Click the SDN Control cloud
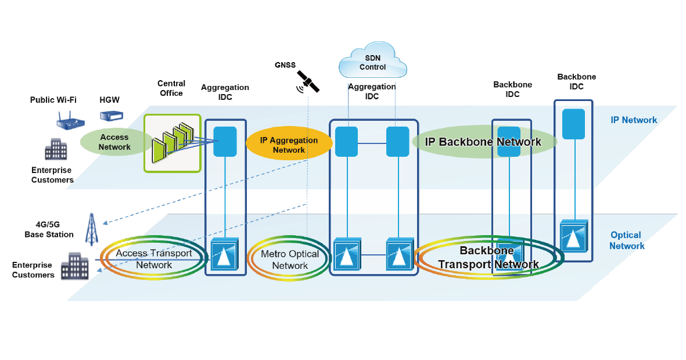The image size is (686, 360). tap(373, 60)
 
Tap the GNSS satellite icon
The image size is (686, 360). tap(308, 82)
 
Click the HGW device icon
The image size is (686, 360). tap(111, 116)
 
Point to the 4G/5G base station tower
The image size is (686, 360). tap(91, 229)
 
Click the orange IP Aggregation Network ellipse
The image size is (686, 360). tap(289, 143)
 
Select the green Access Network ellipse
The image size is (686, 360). tap(114, 142)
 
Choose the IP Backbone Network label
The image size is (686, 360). tap(483, 142)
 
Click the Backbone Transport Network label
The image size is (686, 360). tap(489, 257)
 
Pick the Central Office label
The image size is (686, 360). tap(171, 88)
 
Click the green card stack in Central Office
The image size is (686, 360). tap(173, 143)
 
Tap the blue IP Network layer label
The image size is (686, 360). tap(634, 120)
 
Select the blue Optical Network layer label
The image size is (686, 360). tap(627, 240)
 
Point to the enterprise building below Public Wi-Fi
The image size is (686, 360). tap(56, 149)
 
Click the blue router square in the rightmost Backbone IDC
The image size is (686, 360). tap(573, 124)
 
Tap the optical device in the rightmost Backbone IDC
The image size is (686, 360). tap(574, 236)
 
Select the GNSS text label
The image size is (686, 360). tap(285, 64)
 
